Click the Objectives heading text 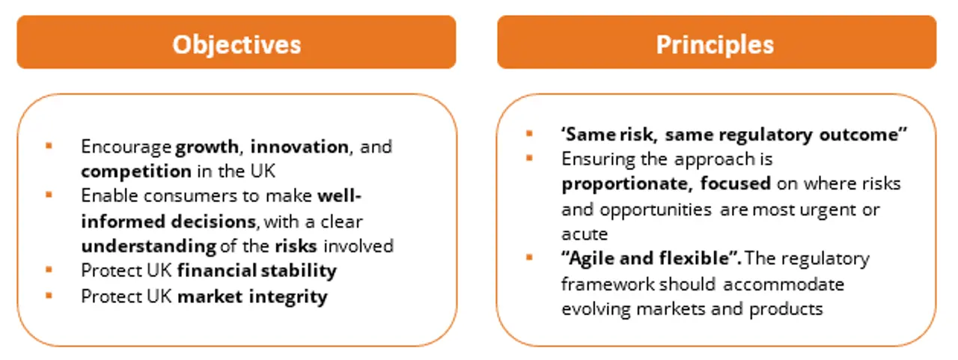point(237,45)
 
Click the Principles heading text point(715,45)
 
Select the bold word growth point(207,147)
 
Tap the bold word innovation point(300,147)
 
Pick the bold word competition point(136,172)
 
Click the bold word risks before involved point(296,246)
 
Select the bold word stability point(299,271)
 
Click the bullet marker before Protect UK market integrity point(49,295)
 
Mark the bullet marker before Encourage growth point(49,146)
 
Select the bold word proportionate point(625,184)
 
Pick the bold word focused point(736,184)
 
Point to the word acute point(585,234)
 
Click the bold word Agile point(593,259)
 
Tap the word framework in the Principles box point(608,284)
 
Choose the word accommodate point(784,284)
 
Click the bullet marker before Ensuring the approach point(529,158)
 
